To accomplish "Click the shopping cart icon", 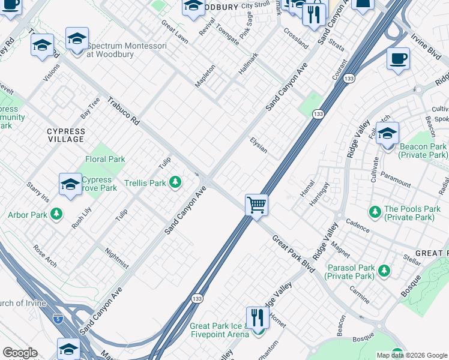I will (x=256, y=205).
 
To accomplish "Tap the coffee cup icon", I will (x=398, y=59).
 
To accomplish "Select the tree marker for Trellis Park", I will (x=175, y=181).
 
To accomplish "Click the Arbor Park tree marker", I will (x=56, y=214).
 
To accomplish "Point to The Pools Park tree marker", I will (x=375, y=211).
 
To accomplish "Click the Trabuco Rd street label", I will (x=124, y=111).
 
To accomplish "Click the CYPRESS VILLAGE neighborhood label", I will (x=66, y=135).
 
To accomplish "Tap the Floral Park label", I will (x=105, y=159).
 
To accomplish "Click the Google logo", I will (x=20, y=353).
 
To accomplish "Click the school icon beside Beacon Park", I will (x=387, y=133).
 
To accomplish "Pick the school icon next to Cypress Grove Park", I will (x=70, y=184).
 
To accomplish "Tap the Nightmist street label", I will (x=116, y=258).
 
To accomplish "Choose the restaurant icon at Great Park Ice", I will (x=257, y=318).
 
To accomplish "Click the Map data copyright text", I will (x=411, y=355).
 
